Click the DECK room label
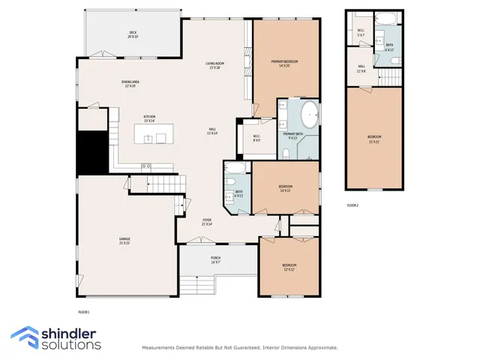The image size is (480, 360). point(133,34)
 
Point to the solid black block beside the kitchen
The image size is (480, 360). point(94,150)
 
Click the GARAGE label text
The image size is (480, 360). point(124,241)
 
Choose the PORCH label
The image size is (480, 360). point(215,259)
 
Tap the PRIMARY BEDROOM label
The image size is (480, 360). point(274,63)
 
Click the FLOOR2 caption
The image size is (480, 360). point(352,205)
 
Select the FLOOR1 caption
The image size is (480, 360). point(84,311)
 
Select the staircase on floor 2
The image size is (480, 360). point(391,78)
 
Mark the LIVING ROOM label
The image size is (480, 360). point(215,65)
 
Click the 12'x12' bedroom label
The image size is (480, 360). point(289,266)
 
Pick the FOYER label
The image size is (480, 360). point(206,222)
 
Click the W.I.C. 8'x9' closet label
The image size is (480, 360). point(256,138)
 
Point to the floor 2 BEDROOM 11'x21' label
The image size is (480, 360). point(373,138)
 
